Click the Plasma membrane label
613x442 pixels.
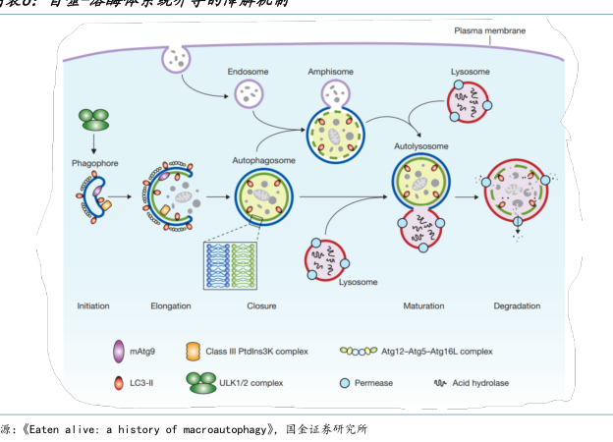pyautogui.click(x=489, y=31)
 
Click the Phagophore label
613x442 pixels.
pyautogui.click(x=94, y=161)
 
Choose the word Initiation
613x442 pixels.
pyautogui.click(x=93, y=305)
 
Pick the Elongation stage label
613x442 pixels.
pyautogui.click(x=171, y=305)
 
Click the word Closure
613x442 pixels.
pyautogui.click(x=261, y=305)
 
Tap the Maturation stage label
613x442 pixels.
pyautogui.click(x=424, y=305)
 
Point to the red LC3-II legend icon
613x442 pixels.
pyautogui.click(x=119, y=381)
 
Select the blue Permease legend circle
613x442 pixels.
pyautogui.click(x=345, y=381)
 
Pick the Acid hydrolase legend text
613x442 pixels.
pyautogui.click(x=481, y=381)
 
